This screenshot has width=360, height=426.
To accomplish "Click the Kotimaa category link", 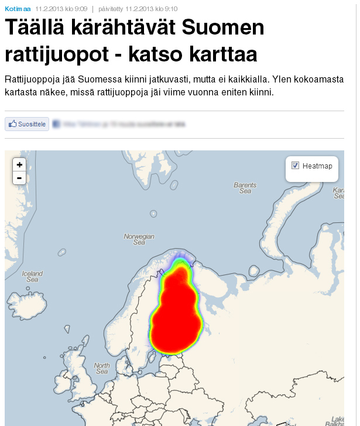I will pyautogui.click(x=18, y=9).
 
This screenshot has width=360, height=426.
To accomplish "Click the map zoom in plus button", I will pyautogui.click(x=19, y=165).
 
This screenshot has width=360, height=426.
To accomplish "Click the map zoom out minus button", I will pyautogui.click(x=19, y=178).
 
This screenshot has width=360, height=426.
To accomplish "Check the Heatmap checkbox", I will pyautogui.click(x=296, y=166).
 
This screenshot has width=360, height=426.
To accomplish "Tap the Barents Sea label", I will pyautogui.click(x=245, y=188).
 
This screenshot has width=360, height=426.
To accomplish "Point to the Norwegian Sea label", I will pyautogui.click(x=139, y=239).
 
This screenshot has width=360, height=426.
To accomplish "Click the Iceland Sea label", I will pyautogui.click(x=32, y=276).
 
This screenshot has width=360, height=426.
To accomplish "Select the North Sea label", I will pyautogui.click(x=102, y=369).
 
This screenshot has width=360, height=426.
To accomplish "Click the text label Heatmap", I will pyautogui.click(x=317, y=166).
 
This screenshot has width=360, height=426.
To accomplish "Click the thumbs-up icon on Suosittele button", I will pyautogui.click(x=12, y=124).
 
